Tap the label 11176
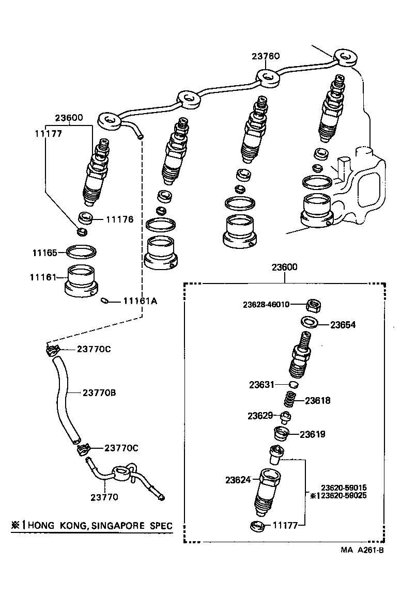pyautogui.click(x=119, y=219)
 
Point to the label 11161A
pyautogui.click(x=140, y=302)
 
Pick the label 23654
pyautogui.click(x=343, y=325)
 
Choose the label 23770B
pyautogui.click(x=99, y=393)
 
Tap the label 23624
pyautogui.click(x=238, y=480)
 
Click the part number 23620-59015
pyautogui.click(x=344, y=487)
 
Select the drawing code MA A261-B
pyautogui.click(x=362, y=550)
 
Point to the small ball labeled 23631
pyautogui.click(x=293, y=385)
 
